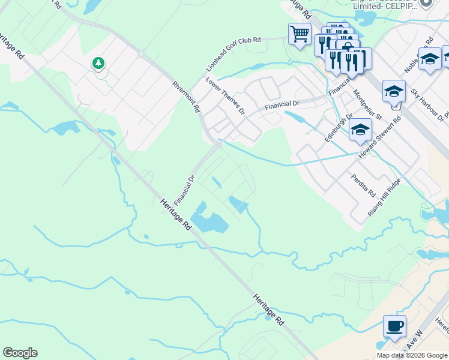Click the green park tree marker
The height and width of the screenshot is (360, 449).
click(x=98, y=62)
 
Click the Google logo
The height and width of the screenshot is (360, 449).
click(x=20, y=353)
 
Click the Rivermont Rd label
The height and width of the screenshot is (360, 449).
click(x=185, y=97)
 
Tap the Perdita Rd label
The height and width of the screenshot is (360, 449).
click(x=364, y=185)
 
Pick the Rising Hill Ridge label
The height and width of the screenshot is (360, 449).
click(x=384, y=197)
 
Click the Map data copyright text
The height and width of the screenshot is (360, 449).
click(x=412, y=355)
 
